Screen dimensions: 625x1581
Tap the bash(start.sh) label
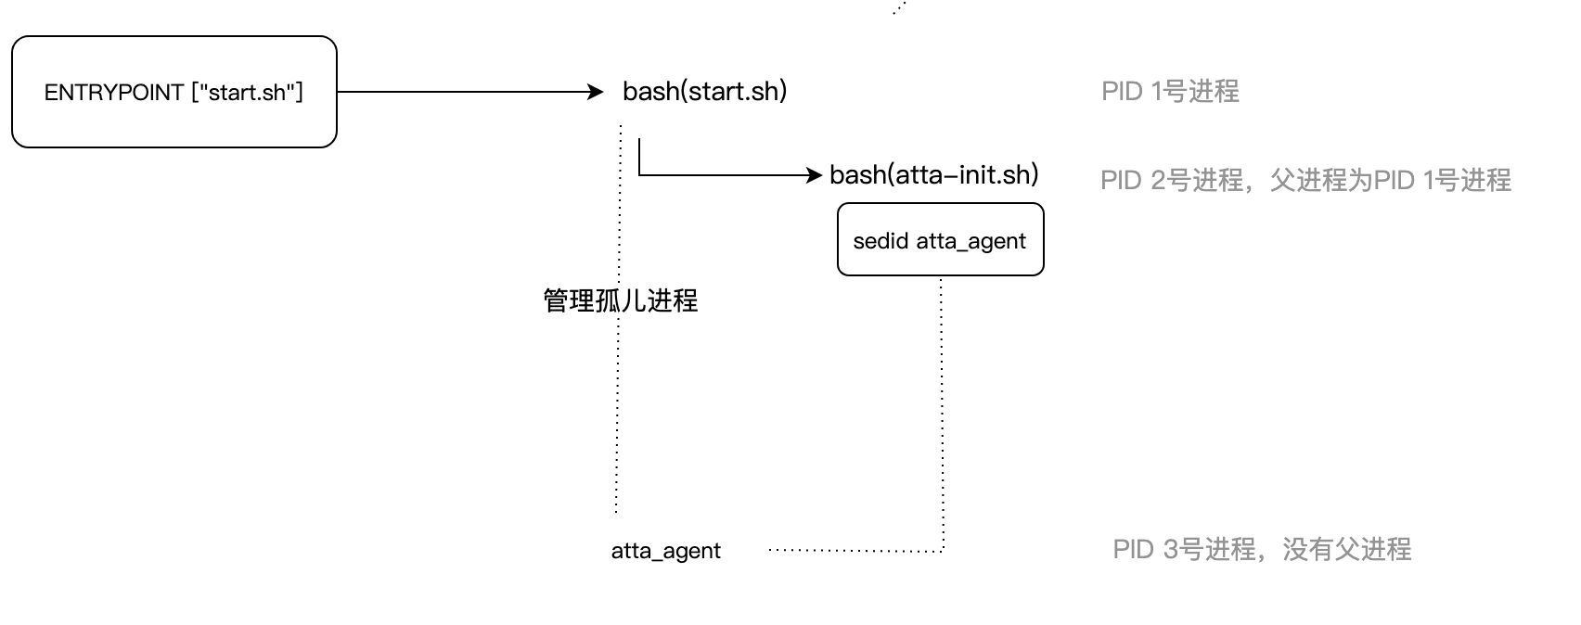704,92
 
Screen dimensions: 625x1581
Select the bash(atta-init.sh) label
933,174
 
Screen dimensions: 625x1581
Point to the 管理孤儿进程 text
620,300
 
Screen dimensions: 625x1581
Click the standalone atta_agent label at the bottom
665,551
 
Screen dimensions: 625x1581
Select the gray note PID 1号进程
1170,92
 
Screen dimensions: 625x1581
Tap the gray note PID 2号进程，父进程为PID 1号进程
1305,180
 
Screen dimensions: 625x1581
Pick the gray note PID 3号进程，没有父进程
1262,549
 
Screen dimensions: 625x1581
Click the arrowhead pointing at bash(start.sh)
597,92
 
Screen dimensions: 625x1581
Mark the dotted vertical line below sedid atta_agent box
943,408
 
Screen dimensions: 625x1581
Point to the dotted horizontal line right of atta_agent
854,551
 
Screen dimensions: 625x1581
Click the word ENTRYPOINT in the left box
113,93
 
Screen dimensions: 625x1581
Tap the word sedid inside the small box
880,241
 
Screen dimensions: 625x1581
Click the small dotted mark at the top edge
898,8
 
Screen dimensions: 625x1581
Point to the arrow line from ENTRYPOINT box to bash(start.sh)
464,92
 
